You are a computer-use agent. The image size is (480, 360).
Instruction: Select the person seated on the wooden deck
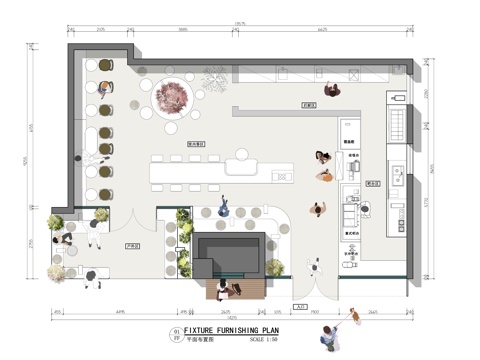(221, 288)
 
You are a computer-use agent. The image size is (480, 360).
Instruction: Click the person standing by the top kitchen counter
(333, 87)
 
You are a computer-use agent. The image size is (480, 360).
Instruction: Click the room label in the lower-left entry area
(130, 244)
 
